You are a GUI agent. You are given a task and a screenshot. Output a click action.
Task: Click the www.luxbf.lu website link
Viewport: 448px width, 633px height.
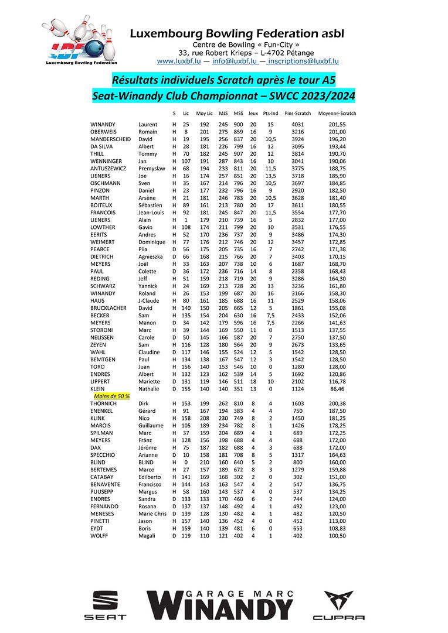(x=179, y=61)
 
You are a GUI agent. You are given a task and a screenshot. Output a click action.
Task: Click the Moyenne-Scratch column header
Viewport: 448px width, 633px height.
(x=337, y=113)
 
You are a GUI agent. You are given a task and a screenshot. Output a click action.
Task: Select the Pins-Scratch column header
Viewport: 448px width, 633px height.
(x=297, y=113)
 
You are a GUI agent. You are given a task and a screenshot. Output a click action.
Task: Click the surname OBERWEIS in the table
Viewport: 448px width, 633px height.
(x=103, y=132)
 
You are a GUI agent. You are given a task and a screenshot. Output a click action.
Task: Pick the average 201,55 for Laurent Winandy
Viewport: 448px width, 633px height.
(x=337, y=125)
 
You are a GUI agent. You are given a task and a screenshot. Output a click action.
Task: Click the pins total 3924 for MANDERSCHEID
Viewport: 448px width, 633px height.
(x=298, y=140)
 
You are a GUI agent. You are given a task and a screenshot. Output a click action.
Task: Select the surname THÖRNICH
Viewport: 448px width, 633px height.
(x=104, y=403)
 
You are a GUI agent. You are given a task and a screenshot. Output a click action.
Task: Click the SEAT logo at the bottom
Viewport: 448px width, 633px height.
(x=105, y=605)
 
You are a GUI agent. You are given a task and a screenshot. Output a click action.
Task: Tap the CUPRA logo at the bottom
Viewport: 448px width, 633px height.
(x=338, y=605)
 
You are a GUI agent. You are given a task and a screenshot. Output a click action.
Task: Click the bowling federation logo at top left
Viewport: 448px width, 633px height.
(x=79, y=40)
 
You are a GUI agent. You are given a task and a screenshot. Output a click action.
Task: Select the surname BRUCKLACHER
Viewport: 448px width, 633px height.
(x=108, y=307)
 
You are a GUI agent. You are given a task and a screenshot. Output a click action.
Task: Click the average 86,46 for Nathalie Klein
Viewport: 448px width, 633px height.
(x=337, y=388)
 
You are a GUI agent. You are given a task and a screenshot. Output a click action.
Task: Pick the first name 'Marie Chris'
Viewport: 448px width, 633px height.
(x=152, y=514)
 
